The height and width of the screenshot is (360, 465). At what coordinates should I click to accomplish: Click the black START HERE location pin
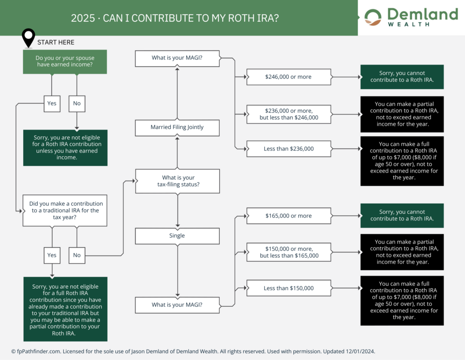pyautogui.click(x=29, y=37)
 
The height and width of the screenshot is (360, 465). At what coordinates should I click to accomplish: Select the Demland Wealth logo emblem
pyautogui.click(x=374, y=17)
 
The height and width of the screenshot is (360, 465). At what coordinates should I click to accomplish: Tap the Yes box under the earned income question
pyautogui.click(x=52, y=103)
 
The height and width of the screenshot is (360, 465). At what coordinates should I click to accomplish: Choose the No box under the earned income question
pyautogui.click(x=77, y=103)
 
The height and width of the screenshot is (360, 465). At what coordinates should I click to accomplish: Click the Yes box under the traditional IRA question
pyautogui.click(x=52, y=255)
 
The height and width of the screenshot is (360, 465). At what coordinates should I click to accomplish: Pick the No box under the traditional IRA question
pyautogui.click(x=77, y=255)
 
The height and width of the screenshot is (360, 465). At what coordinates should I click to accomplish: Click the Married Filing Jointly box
pyautogui.click(x=177, y=127)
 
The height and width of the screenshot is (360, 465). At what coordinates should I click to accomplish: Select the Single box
pyautogui.click(x=177, y=236)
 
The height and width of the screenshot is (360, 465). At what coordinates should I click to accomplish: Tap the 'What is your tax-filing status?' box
pyautogui.click(x=177, y=181)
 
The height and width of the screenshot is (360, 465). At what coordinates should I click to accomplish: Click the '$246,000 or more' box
pyautogui.click(x=288, y=77)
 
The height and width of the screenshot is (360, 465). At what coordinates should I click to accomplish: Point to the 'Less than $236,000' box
pyautogui.click(x=288, y=149)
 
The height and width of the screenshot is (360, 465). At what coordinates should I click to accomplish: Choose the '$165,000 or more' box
pyautogui.click(x=288, y=216)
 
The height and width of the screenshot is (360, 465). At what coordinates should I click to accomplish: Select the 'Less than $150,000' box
pyautogui.click(x=288, y=288)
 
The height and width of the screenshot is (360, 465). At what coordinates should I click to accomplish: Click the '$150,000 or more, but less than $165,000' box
pyautogui.click(x=288, y=252)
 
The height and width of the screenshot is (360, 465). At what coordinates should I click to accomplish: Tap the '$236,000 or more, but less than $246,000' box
pyautogui.click(x=288, y=114)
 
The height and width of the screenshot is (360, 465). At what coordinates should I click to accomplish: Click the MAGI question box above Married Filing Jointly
pyautogui.click(x=177, y=58)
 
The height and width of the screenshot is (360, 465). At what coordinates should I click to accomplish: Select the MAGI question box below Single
pyautogui.click(x=177, y=305)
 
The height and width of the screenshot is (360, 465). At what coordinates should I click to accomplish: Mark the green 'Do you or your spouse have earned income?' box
pyautogui.click(x=65, y=62)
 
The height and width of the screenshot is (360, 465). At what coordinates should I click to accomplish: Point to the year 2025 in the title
pyautogui.click(x=80, y=18)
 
